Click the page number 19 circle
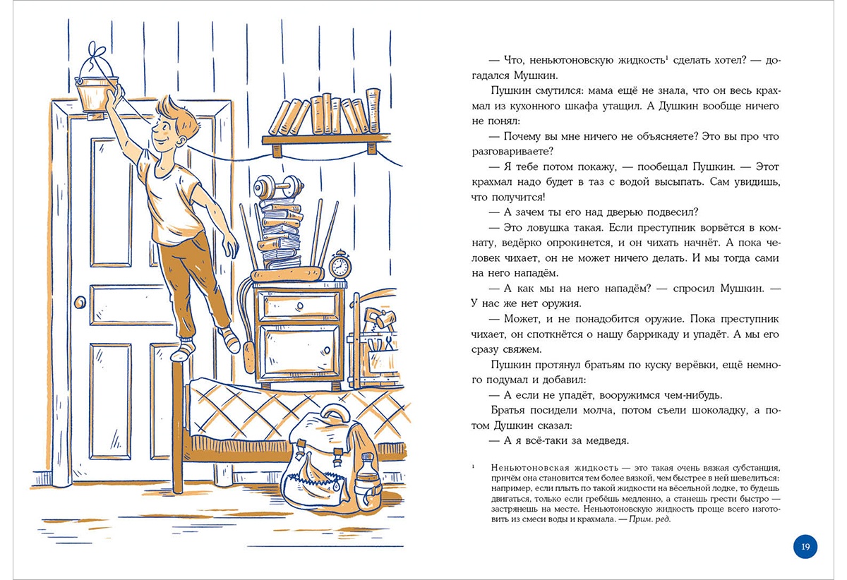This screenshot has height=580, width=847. point(805,546)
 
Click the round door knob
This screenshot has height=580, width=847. point(80,302)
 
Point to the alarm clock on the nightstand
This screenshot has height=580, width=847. point(340,265)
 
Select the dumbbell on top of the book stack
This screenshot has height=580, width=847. point(278,187)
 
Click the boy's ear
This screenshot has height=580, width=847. point(181,141)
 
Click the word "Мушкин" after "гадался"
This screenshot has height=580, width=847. point(536,75)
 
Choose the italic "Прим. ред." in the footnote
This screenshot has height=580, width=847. point(649,519)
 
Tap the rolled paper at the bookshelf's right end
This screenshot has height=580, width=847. point(373,110)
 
